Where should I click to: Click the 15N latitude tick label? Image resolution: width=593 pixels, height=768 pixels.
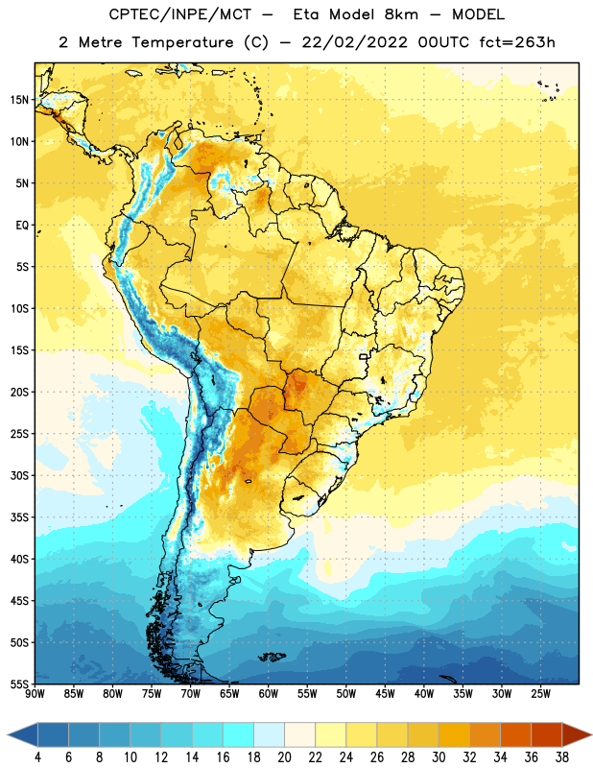click(19, 100)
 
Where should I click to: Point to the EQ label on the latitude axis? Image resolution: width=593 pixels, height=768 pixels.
click(22, 226)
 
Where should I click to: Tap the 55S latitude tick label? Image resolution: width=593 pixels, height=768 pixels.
click(19, 684)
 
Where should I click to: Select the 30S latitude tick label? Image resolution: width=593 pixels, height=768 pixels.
click(19, 475)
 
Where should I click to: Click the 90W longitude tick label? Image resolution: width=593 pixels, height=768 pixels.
click(35, 693)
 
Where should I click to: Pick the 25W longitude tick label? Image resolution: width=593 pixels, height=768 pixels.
click(540, 693)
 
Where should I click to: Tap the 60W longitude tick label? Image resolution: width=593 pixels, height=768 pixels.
click(269, 693)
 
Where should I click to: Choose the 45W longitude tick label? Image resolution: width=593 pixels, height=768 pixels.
click(385, 693)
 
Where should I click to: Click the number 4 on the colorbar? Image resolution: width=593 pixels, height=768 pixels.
click(37, 757)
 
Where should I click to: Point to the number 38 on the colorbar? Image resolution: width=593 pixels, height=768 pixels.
click(561, 757)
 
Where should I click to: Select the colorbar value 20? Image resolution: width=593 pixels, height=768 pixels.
click(284, 757)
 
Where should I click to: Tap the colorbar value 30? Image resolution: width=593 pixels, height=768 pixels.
click(439, 757)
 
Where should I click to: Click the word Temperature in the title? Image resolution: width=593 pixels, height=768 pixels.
click(182, 42)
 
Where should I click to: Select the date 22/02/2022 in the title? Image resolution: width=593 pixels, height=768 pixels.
click(354, 42)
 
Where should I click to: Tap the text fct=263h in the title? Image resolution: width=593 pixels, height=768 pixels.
click(517, 42)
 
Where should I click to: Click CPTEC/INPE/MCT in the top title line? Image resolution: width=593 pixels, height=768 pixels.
click(180, 14)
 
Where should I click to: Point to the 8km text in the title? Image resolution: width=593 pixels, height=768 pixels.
click(401, 14)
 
